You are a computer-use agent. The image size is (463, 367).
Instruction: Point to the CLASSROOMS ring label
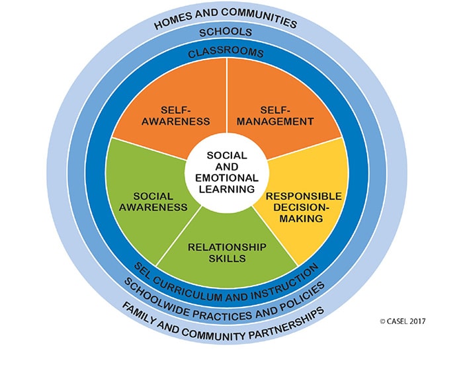227,52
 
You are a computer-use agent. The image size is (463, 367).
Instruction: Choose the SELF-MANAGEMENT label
277,116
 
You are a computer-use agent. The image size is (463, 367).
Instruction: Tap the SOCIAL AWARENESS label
153,201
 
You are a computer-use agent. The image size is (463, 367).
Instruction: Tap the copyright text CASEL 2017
403,321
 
